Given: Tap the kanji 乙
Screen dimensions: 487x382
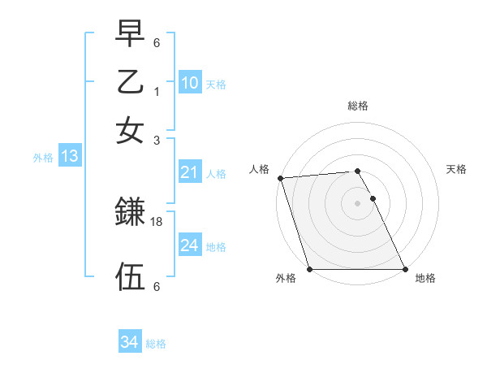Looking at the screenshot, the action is point(130,84).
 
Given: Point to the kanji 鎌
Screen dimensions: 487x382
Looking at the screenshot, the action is point(130,212).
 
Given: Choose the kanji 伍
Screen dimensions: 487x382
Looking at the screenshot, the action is point(130,276).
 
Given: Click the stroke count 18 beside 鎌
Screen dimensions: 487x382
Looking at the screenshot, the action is point(157,221).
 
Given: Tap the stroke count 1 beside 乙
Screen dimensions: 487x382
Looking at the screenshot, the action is point(156,93).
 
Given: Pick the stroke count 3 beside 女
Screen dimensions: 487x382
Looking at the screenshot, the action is point(156,140).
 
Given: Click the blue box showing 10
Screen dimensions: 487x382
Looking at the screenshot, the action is point(190,82).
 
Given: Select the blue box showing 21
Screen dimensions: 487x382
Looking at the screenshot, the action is point(190,171).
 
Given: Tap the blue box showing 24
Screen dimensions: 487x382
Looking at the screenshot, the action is point(190,245).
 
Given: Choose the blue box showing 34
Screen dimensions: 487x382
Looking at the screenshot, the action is point(129,342).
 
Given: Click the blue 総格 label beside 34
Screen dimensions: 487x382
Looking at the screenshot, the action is point(156,344).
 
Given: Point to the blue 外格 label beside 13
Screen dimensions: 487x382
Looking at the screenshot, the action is point(43,158).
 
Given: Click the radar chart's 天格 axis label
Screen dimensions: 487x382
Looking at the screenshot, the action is point(456,169).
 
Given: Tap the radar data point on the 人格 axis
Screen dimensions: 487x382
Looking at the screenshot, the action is point(280,178).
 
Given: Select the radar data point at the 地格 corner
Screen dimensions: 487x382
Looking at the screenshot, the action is point(404,269).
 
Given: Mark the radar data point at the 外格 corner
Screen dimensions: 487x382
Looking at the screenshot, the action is point(310,269).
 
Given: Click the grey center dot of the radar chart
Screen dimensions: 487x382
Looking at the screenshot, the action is point(357,203).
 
